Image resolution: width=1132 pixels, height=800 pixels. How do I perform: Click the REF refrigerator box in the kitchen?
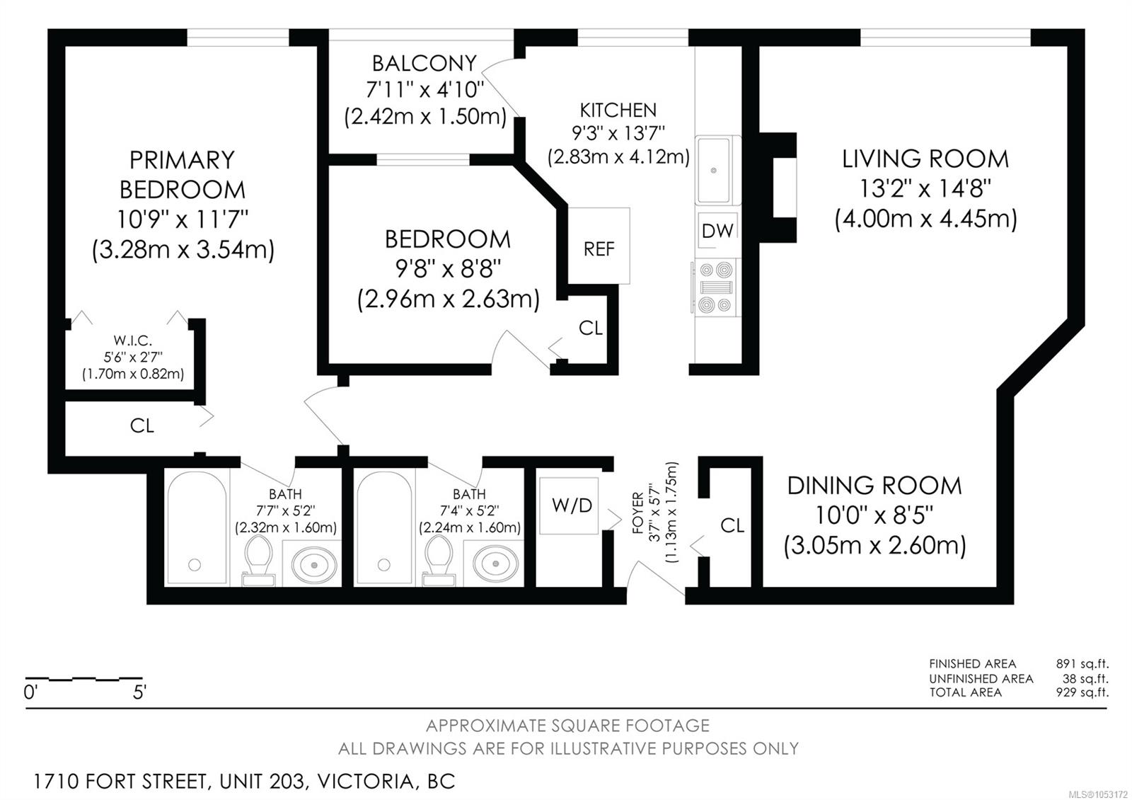point(599,246)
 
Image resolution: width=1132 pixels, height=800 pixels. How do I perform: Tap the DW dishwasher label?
point(717,231)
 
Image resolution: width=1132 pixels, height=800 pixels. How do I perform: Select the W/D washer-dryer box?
point(569,505)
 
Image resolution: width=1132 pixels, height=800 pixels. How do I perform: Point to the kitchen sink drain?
point(714,171)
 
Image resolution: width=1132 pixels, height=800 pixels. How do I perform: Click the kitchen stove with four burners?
point(715,287)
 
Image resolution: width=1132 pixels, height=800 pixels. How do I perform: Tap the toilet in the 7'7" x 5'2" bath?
point(258,560)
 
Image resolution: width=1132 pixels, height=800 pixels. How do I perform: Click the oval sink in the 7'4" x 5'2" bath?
point(495,564)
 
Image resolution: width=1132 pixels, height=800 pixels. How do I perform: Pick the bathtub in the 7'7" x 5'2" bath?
point(197,527)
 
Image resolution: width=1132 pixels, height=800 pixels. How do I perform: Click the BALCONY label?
point(424,64)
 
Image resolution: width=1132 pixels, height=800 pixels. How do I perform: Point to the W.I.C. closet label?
point(132,341)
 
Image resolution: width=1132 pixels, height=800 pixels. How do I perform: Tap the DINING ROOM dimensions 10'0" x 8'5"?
point(874,515)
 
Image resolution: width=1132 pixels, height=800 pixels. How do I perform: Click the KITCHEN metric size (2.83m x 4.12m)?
point(618,156)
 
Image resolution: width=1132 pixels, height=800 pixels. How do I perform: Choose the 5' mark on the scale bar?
point(139,692)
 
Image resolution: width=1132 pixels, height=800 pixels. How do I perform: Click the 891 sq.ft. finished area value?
point(1082,663)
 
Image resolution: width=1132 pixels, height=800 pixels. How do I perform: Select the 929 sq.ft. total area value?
point(1082,692)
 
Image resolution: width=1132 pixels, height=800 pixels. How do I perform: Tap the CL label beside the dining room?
point(732,526)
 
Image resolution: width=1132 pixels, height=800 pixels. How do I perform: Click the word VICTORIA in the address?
point(365,782)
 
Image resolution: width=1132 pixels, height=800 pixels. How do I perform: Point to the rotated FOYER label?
point(637,513)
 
